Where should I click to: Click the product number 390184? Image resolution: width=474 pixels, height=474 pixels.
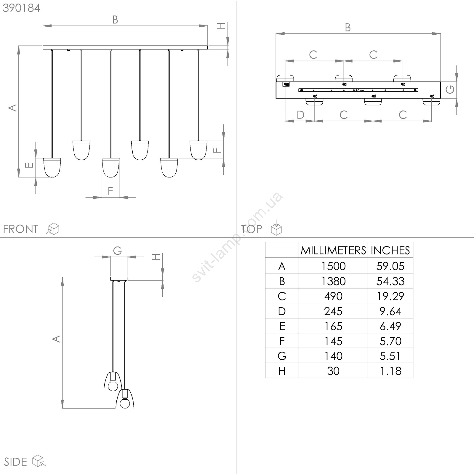tap(21, 8)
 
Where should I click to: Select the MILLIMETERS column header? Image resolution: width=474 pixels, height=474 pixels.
tap(333, 251)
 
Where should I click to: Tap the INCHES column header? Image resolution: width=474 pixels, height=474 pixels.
tap(390, 251)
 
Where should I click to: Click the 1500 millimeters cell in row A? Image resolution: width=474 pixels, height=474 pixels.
tap(333, 266)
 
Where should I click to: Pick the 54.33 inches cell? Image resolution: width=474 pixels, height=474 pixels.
tap(390, 281)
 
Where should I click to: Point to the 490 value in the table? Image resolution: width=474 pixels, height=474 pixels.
tap(333, 296)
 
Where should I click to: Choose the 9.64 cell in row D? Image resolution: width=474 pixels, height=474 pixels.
tap(390, 311)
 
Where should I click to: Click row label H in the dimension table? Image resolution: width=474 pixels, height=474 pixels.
tap(282, 371)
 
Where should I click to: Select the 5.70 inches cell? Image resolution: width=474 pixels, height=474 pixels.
tap(390, 341)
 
